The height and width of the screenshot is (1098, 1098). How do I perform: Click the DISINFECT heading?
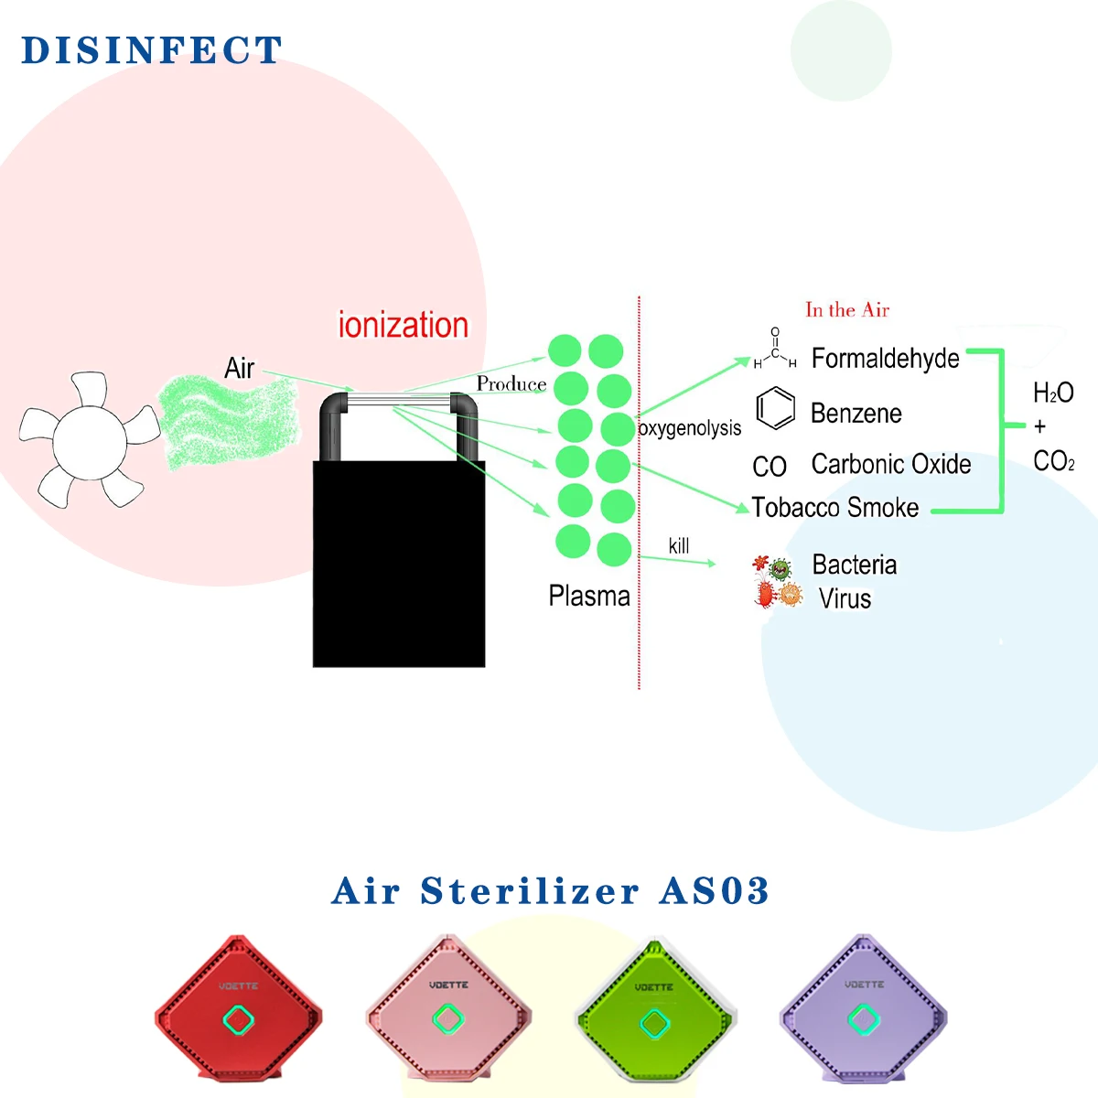[152, 50]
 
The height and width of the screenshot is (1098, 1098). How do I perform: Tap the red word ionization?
[403, 325]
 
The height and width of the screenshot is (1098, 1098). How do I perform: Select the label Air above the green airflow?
[239, 368]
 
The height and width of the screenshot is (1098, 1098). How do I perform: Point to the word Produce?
[511, 384]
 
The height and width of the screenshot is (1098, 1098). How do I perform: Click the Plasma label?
[588, 597]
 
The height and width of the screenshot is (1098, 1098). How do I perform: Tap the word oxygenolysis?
[689, 428]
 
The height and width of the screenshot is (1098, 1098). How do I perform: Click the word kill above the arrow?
[678, 546]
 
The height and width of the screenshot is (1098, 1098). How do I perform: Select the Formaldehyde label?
[885, 358]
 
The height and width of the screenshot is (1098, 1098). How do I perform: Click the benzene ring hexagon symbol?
[775, 408]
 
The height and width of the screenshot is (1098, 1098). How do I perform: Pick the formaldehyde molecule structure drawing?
[774, 349]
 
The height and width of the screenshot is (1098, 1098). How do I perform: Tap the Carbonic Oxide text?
[890, 465]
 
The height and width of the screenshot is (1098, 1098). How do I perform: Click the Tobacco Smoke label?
[834, 508]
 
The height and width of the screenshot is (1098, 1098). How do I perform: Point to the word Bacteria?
[854, 565]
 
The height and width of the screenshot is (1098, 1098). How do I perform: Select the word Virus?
[845, 598]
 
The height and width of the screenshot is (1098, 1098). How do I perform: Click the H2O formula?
[1052, 393]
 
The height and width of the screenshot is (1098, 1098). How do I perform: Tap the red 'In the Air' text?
[847, 310]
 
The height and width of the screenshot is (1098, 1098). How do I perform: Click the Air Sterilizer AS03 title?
[550, 891]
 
